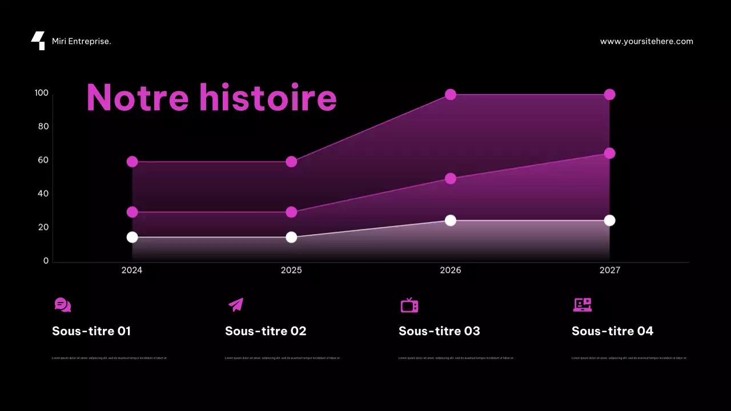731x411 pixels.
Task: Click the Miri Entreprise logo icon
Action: click(38, 41)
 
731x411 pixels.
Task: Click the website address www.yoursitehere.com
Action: click(646, 42)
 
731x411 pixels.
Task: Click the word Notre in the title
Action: click(137, 97)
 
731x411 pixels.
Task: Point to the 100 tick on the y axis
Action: click(42, 93)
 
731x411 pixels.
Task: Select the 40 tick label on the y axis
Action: click(43, 194)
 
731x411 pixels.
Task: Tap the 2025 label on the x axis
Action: click(291, 270)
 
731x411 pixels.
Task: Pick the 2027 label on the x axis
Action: click(609, 270)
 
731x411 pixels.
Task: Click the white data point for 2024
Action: click(132, 237)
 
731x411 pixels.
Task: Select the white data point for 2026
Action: click(451, 220)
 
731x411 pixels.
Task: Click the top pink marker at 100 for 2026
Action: click(451, 94)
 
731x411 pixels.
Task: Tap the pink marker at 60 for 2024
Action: click(132, 162)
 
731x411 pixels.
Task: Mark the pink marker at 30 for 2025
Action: click(291, 212)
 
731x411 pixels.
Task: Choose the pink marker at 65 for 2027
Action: click(609, 153)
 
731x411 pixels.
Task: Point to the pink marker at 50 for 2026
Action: click(451, 178)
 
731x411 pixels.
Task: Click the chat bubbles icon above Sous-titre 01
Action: click(63, 305)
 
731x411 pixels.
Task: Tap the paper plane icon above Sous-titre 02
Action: click(236, 305)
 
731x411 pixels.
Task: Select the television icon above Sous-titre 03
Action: click(409, 305)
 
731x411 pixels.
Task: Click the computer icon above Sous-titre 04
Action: click(582, 305)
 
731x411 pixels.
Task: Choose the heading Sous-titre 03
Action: click(439, 331)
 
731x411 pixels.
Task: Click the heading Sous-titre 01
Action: click(91, 331)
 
